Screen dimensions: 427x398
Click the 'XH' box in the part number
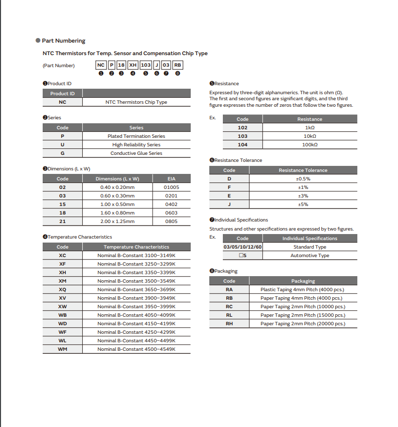coord(133,65)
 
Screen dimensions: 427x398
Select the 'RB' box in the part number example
coord(178,65)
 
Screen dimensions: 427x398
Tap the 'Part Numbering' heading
coord(63,41)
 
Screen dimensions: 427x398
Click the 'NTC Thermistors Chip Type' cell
coord(136,102)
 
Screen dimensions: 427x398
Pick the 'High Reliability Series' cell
coord(136,145)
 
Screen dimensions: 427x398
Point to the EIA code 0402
coord(171,204)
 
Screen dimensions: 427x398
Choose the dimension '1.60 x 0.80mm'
coord(117,213)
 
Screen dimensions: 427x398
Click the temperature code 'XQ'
coord(62,290)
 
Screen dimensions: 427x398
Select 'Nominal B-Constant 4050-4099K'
coord(136,315)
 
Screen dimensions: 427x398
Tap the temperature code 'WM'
coord(62,349)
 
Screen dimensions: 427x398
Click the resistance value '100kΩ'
coord(310,144)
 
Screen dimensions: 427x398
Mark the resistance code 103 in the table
coord(242,136)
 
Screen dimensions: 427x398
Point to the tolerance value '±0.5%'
coord(303,179)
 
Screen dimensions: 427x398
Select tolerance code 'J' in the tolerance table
coord(229,204)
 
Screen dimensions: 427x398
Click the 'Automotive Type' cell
coord(310,256)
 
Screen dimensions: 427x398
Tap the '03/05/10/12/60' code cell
coord(242,247)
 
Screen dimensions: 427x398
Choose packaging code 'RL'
coord(229,315)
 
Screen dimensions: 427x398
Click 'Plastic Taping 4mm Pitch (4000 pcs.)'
coord(303,290)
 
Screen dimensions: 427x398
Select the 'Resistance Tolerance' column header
coord(303,170)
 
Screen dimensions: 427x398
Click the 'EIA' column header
coord(171,179)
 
